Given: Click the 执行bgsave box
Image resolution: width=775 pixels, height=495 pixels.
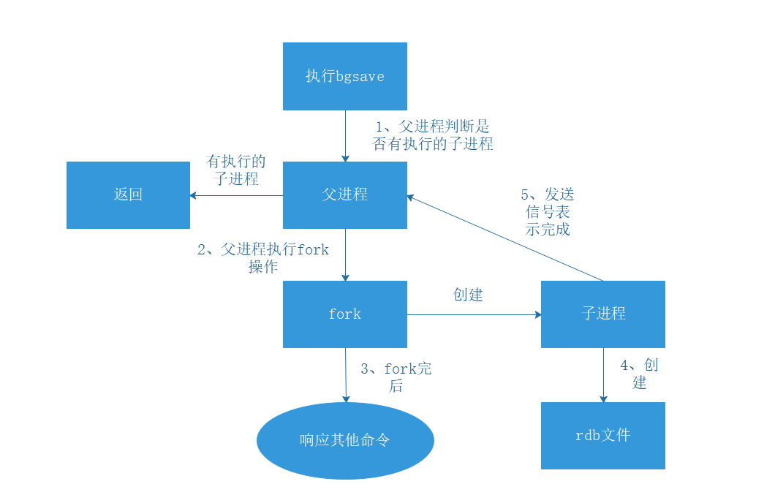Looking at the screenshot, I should [344, 76].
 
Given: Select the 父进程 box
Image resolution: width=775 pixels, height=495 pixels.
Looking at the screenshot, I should [344, 194].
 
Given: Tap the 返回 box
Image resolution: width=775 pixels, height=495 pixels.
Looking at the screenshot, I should [128, 194].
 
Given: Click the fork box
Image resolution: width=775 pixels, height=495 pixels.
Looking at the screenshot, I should [344, 314].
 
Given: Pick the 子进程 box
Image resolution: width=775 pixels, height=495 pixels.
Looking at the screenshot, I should [602, 314].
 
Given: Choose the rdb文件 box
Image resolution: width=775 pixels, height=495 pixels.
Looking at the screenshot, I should [602, 436].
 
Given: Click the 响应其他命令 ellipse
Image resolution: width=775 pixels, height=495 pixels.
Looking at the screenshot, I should [345, 441].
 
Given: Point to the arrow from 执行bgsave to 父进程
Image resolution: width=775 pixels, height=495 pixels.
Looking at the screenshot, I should [345, 135].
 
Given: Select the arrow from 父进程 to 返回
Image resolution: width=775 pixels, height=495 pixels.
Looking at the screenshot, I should [237, 195].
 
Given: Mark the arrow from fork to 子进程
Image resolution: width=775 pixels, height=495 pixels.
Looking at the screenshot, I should [474, 314].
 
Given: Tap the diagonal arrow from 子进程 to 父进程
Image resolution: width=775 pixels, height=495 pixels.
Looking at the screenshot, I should [504, 238].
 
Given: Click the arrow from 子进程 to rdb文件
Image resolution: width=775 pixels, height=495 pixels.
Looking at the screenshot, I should [603, 374].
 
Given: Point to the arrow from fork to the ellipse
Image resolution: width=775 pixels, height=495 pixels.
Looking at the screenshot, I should [345, 374].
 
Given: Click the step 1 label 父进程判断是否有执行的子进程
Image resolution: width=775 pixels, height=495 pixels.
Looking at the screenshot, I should [433, 135].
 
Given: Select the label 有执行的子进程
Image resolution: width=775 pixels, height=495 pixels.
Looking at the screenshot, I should [236, 170].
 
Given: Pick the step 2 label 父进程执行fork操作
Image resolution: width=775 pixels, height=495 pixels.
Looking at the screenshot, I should [263, 258].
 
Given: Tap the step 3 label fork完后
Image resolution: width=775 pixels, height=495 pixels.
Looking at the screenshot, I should [396, 377].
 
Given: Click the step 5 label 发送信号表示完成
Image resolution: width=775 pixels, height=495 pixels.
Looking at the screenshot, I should [548, 211].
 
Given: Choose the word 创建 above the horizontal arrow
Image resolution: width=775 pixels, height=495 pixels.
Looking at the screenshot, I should [468, 295].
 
